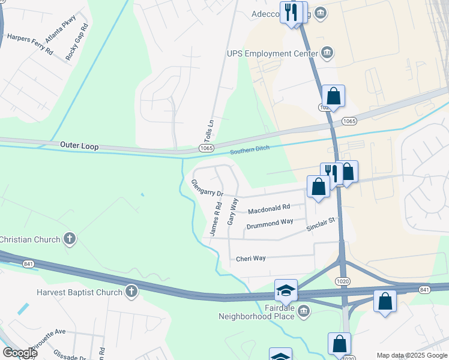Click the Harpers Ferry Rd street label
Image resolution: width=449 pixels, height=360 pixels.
(30, 44)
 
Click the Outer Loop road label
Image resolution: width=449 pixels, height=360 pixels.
(79, 146)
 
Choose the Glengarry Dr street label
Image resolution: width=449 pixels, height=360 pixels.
(206, 188)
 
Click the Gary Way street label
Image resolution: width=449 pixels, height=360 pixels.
(233, 211)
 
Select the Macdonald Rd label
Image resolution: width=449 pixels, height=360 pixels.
(269, 209)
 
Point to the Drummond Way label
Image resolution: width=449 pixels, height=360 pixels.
(270, 224)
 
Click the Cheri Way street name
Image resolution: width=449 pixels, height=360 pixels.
(251, 259)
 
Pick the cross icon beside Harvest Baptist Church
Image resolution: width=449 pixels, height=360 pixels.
(131, 292)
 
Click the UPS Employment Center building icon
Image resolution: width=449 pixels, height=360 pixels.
(327, 53)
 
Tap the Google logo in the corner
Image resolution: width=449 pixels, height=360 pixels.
(19, 353)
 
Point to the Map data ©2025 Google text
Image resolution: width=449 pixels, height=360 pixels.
(412, 355)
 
